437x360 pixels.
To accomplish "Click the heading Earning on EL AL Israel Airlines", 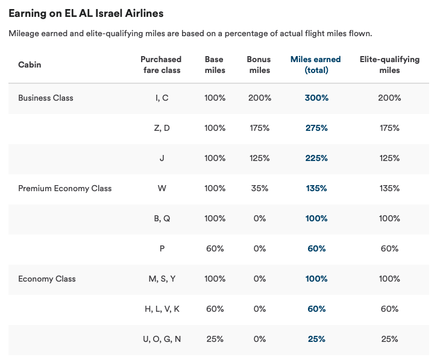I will point(86,13).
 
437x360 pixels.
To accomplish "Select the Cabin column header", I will point(30,65).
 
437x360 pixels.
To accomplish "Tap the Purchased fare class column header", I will point(161,65).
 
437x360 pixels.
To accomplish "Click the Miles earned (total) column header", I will point(316,65).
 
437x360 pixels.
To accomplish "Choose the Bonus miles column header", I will point(259,65).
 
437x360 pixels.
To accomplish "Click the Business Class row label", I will point(46,98).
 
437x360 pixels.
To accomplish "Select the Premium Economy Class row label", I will point(65,188).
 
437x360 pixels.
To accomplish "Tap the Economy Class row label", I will point(47,279).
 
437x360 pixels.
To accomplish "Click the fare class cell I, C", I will point(162,98).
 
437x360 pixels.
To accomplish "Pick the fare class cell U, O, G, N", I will point(162,339).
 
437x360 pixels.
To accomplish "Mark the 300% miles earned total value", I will point(316,98).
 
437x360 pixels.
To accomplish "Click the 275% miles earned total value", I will point(316,128).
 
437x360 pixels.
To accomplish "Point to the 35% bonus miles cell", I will point(259,188).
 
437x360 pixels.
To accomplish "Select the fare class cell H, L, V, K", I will point(162,309).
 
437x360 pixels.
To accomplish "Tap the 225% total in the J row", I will point(316,158).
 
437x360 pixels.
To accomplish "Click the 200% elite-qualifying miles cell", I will point(389,98).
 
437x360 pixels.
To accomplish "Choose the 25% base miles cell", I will point(215,339).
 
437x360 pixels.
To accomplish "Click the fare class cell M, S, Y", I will point(162,279).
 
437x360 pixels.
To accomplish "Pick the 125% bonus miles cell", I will point(259,158).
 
